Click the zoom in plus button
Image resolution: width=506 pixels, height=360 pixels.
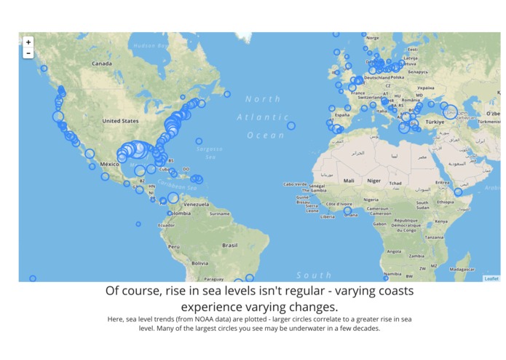28,42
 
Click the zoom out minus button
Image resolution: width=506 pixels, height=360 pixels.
28,53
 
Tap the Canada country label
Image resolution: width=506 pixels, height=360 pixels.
101,64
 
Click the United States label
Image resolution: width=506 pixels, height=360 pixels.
120,121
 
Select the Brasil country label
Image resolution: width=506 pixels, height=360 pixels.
230,246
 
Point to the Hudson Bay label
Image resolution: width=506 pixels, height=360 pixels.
151,45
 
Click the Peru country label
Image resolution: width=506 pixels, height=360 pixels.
174,246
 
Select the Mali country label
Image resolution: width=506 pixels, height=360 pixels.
349,180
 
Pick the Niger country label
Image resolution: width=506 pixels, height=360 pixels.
374,180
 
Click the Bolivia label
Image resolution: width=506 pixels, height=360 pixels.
199,262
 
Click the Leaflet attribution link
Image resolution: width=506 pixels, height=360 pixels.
491,278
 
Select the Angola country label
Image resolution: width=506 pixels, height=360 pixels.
394,251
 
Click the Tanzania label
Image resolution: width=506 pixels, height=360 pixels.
435,238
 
